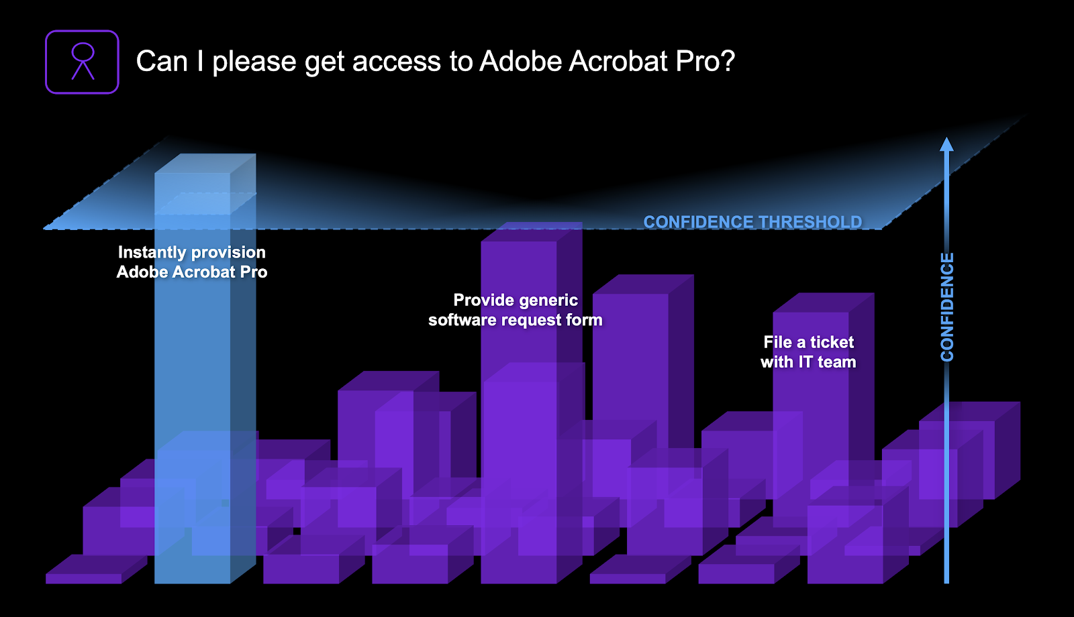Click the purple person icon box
82,62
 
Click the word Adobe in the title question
521,61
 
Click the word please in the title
254,63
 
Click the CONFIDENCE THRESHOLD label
752,222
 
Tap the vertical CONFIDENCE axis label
947,307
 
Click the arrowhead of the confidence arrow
946,144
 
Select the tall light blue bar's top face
205,164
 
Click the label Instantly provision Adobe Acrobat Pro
192,262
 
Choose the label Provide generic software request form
516,310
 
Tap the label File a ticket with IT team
808,352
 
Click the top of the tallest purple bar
532,232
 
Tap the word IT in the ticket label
806,361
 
